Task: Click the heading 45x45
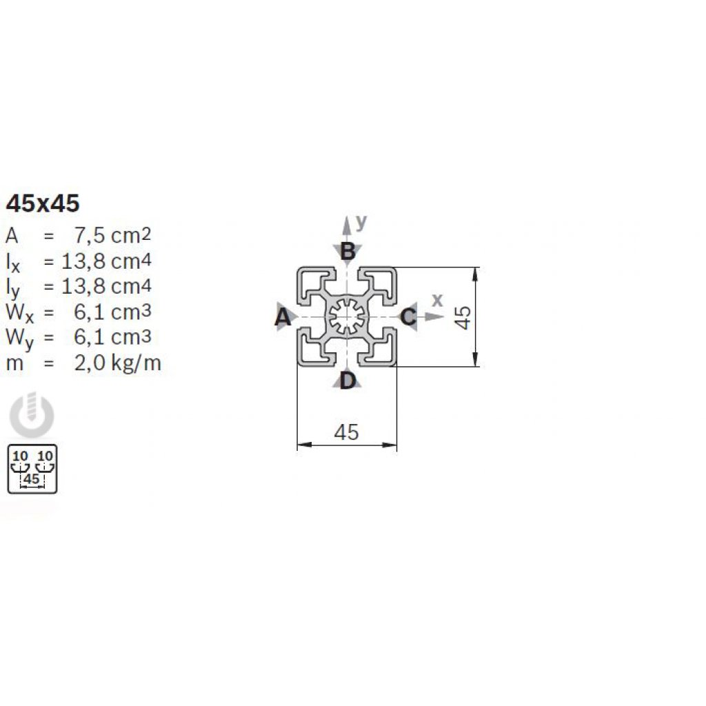click(43, 203)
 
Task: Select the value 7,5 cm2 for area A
click(112, 236)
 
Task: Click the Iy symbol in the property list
click(14, 288)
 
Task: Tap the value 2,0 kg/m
click(117, 363)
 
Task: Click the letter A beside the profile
click(281, 317)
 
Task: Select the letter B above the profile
click(348, 252)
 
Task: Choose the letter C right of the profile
click(408, 317)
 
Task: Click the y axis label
click(361, 221)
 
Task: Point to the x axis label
click(436, 299)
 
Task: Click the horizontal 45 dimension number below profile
click(346, 432)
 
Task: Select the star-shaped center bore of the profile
click(347, 316)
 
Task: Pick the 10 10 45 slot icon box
click(32, 469)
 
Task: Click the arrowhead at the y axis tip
click(346, 221)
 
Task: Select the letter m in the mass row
click(15, 363)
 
